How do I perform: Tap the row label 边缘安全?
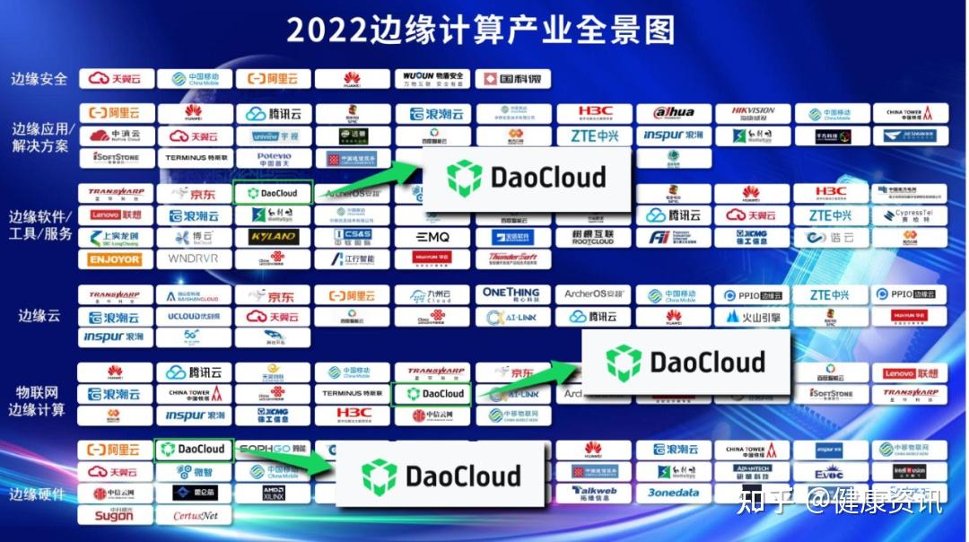[x=39, y=78]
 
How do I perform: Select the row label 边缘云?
[x=39, y=316]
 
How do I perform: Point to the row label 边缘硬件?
[x=39, y=494]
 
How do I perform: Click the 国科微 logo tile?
[x=512, y=79]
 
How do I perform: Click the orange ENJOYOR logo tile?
[x=115, y=259]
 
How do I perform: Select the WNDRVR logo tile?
[x=194, y=259]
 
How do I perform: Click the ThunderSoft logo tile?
[x=512, y=259]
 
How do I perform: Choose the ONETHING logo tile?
[x=512, y=294]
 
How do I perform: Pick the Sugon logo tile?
[x=115, y=515]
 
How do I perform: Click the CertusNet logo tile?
[x=194, y=515]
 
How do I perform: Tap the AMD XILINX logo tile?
[x=273, y=493]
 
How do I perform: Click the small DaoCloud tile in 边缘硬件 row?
[x=194, y=449]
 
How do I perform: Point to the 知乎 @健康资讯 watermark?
[x=839, y=502]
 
